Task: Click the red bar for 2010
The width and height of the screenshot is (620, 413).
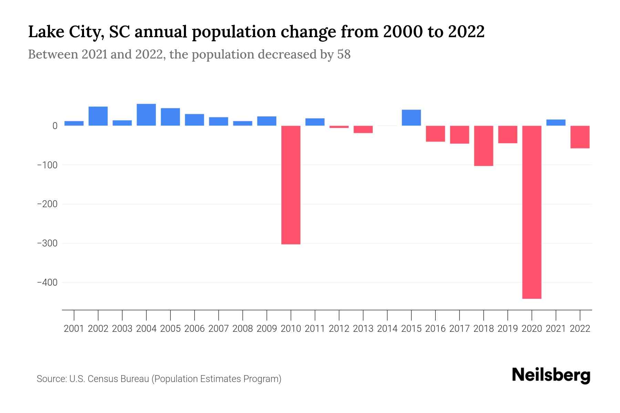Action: pos(291,185)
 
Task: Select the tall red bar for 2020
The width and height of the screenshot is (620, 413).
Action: pos(532,212)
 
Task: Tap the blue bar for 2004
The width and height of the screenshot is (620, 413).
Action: pos(146,115)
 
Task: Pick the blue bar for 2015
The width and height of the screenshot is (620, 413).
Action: pos(411,118)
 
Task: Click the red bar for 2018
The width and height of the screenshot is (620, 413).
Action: pos(484,146)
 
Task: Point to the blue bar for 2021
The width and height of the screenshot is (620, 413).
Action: pos(556,123)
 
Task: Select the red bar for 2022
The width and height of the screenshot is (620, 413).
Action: pos(580,137)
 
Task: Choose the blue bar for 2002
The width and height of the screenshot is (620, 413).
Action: pos(98,116)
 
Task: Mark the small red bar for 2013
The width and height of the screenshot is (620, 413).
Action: pos(363,129)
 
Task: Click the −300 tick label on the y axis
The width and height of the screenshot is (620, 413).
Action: pos(48,243)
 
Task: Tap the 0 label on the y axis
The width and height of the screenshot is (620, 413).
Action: pos(55,126)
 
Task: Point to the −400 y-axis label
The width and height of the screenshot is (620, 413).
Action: pos(48,283)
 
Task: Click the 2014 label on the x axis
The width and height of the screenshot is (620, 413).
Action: pos(387,329)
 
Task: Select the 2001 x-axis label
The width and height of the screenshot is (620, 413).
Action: pos(74,329)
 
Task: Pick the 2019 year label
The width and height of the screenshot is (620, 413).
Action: pos(508,329)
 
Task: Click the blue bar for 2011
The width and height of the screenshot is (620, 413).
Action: pos(315,122)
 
